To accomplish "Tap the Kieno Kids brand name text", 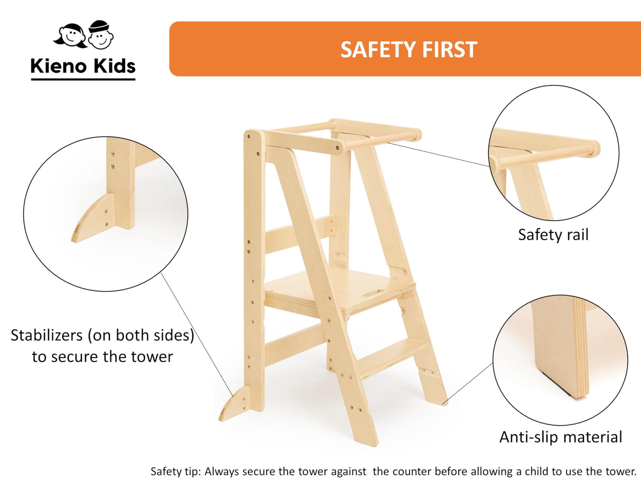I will [83, 66].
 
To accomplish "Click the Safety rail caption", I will [553, 234].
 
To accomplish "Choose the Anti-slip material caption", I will [561, 437].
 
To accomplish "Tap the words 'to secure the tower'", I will [102, 356].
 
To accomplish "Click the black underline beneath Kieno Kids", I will [83, 79].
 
